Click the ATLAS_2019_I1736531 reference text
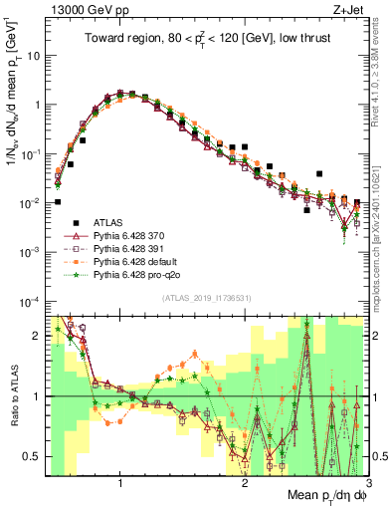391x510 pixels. coord(205,298)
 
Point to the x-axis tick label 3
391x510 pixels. coord(368,483)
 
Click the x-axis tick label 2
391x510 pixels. coord(245,483)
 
